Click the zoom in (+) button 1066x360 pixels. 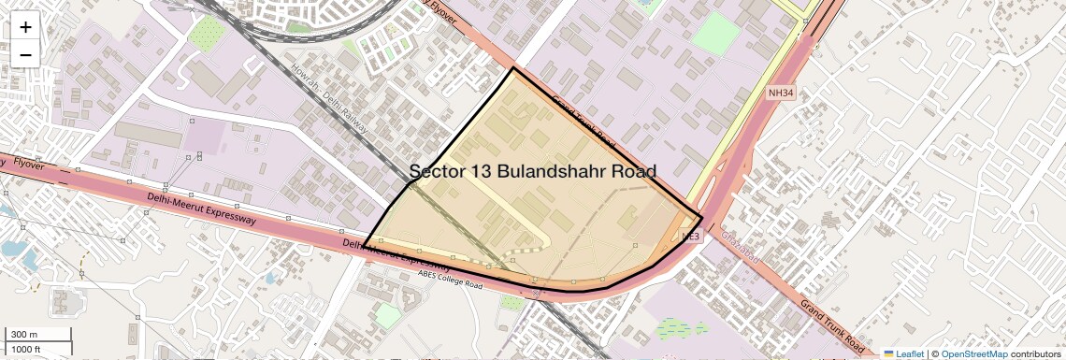coord(25,26)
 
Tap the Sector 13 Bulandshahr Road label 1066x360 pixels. coord(533,171)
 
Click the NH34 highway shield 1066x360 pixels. coord(780,93)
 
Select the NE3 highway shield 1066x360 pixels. coord(691,236)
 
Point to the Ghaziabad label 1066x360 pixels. coord(743,247)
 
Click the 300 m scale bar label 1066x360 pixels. coord(24,334)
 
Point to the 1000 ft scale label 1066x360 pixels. coord(26,349)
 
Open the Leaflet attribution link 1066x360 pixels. coord(910,353)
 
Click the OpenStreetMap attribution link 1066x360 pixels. coord(973,353)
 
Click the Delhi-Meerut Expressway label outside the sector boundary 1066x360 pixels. coord(201,209)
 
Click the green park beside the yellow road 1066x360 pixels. coord(716,34)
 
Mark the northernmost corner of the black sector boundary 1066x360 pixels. coord(513,68)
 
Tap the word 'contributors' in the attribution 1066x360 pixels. coord(1035,353)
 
